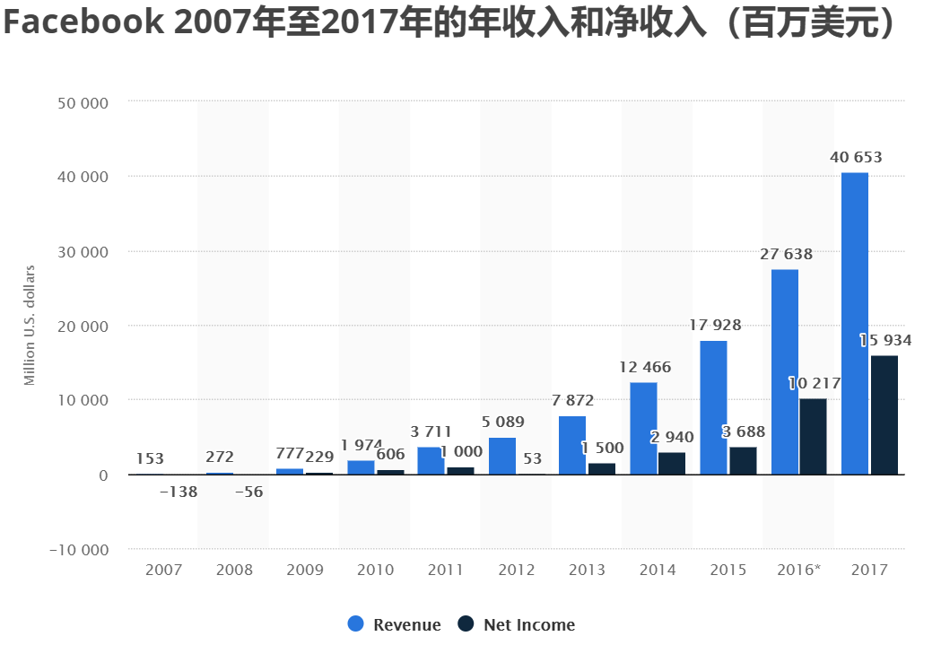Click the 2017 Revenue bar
855,323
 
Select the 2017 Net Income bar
884,414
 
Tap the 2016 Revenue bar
785,371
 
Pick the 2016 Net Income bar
813,436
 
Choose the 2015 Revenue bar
714,407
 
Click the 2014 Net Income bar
672,463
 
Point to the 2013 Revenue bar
572,445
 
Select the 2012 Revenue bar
502,456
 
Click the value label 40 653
856,158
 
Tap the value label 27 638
786,255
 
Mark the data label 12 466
645,368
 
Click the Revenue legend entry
395,625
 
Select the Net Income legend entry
517,625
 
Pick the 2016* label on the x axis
798,571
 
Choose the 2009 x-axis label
304,571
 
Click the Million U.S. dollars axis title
30,326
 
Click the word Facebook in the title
82,23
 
